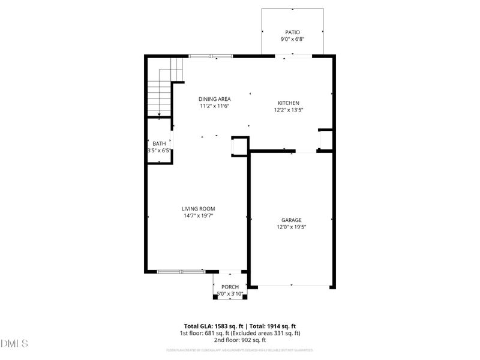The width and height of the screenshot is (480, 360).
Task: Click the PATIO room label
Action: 292,32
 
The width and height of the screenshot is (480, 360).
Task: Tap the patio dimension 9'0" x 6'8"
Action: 292,40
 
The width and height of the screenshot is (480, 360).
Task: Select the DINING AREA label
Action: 215,99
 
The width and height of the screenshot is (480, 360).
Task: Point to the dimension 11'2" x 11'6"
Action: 215,106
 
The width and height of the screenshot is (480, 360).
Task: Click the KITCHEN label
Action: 288,103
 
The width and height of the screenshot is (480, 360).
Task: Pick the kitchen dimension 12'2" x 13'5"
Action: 288,110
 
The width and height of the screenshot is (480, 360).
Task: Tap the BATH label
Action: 159,143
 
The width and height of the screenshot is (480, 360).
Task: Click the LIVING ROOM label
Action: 198,209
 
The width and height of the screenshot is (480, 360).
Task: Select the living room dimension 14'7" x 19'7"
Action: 198,216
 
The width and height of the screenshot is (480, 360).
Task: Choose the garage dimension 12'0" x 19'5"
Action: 292,227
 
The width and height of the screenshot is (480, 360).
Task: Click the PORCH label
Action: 230,287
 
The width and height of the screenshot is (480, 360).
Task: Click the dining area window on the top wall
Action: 211,56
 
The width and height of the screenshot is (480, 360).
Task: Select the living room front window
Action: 181,271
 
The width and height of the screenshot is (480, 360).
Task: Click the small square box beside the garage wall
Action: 239,146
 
